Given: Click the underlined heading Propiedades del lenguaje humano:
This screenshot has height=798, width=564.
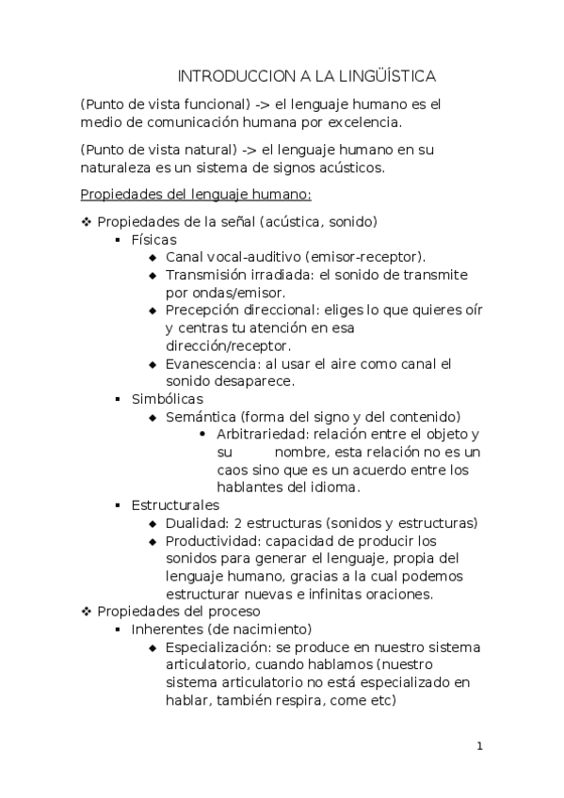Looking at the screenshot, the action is pyautogui.click(x=196, y=195).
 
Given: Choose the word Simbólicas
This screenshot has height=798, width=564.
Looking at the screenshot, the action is pyautogui.click(x=167, y=399).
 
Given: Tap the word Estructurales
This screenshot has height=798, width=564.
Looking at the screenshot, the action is pyautogui.click(x=175, y=505).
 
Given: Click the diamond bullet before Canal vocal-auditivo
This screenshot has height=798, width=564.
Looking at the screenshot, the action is pyautogui.click(x=153, y=257).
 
